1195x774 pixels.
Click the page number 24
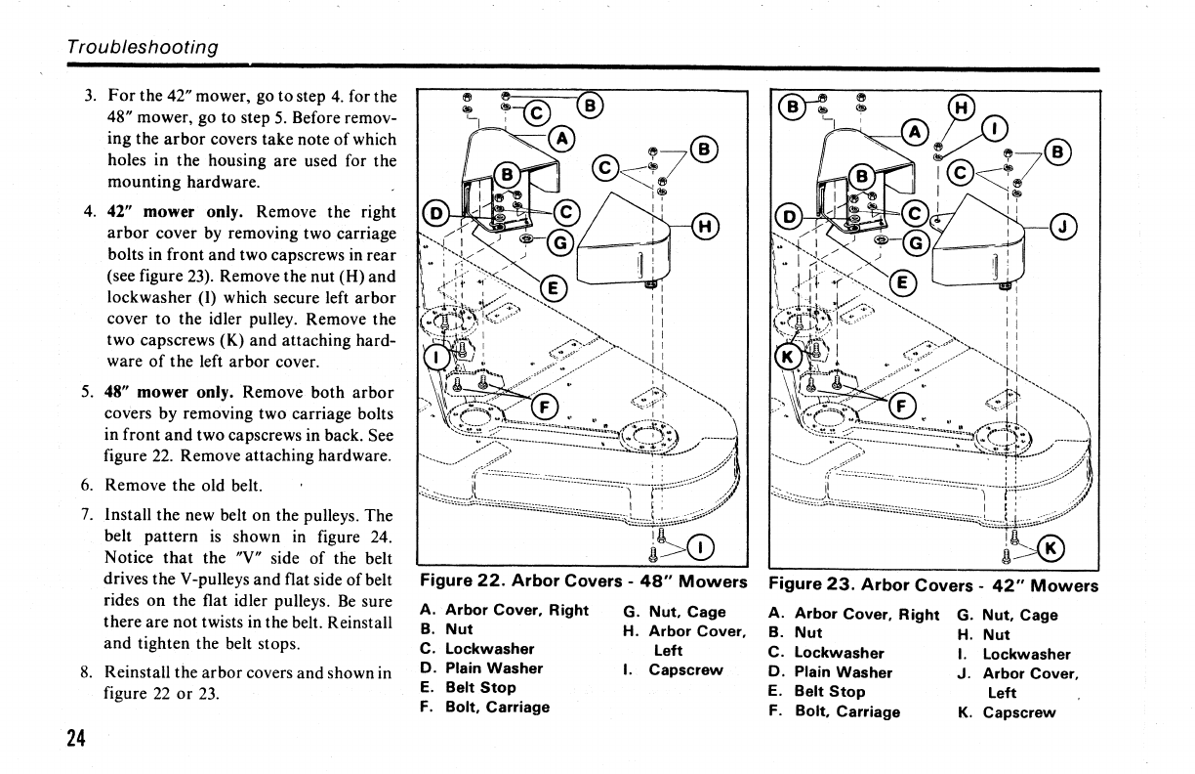click(76, 738)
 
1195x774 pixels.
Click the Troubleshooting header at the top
click(143, 47)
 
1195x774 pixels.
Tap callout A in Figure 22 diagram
click(560, 138)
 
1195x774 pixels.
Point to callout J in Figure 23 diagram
click(1064, 227)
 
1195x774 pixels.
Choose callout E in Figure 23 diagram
click(903, 283)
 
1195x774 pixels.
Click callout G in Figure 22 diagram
click(560, 242)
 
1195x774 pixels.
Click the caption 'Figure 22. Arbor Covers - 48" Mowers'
click(583, 582)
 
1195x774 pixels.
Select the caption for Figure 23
click(933, 586)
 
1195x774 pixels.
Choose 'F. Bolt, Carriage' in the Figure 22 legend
click(485, 708)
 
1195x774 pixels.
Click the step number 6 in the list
click(88, 485)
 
